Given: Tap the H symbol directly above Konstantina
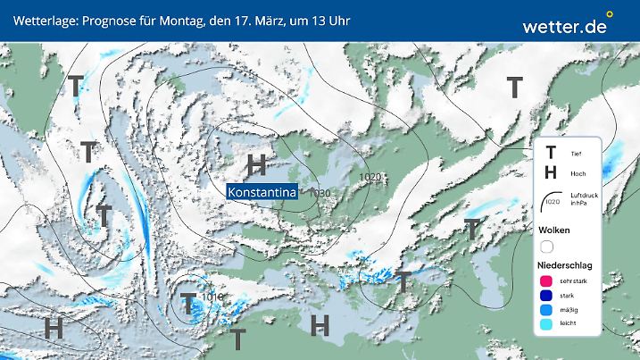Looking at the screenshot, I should [257, 163].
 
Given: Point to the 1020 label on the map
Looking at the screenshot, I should [370, 178].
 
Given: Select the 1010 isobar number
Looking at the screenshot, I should [212, 297].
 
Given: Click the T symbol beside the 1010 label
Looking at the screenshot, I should [188, 302].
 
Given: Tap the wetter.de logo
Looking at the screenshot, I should [564, 26].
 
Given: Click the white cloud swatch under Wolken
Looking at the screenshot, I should [548, 246].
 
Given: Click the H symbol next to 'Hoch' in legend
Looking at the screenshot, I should [551, 172].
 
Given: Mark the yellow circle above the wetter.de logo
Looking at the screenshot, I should [610, 14].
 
